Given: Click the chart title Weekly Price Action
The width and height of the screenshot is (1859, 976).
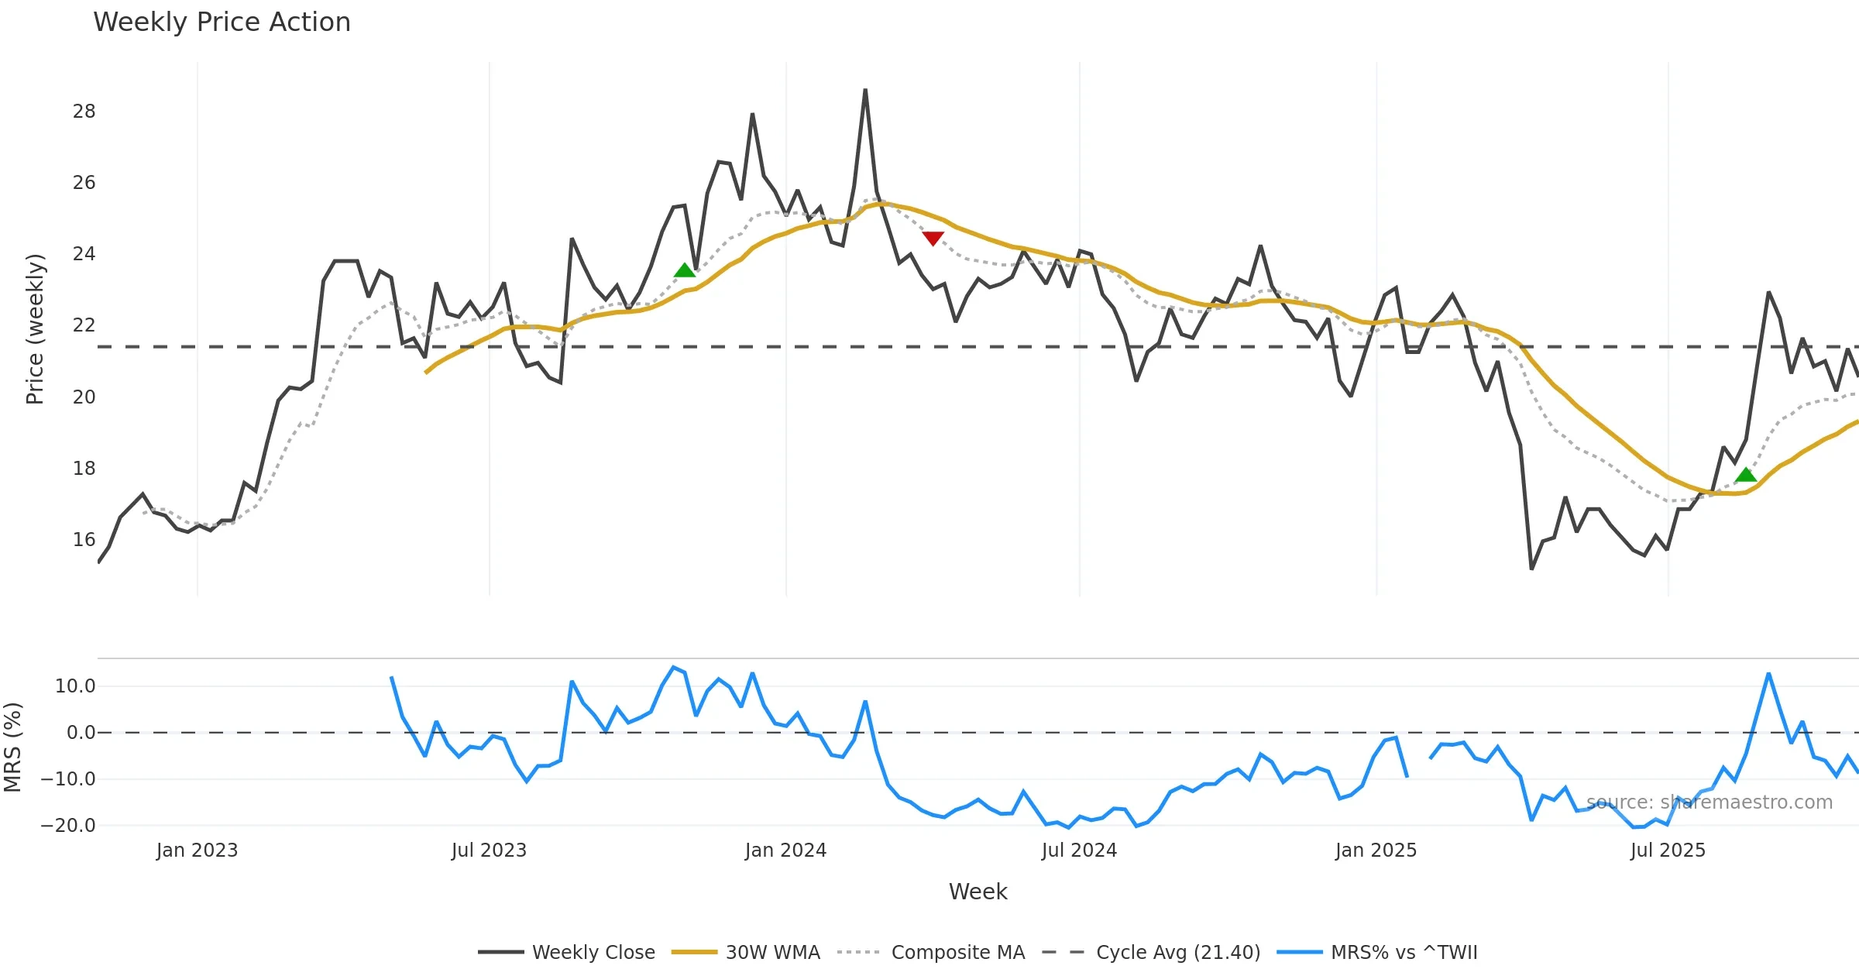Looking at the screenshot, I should [x=222, y=22].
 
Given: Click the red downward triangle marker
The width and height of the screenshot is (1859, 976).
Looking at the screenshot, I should [x=933, y=238].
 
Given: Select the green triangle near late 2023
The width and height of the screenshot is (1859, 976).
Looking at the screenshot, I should [x=685, y=270].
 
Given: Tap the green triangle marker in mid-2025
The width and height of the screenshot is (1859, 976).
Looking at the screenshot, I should [x=1746, y=475].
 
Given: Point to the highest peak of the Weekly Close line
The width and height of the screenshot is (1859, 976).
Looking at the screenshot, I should [x=865, y=91].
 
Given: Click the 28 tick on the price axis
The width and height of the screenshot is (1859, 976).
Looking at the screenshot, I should [x=84, y=112].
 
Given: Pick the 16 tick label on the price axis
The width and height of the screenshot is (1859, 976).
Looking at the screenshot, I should [x=84, y=540].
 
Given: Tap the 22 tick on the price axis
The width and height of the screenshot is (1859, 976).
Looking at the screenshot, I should [x=84, y=325].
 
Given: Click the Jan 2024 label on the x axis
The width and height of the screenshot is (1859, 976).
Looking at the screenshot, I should [x=785, y=851].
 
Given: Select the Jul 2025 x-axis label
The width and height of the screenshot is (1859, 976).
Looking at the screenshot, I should [x=1668, y=851].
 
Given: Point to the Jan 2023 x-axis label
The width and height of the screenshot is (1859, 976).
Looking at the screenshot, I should [x=197, y=851].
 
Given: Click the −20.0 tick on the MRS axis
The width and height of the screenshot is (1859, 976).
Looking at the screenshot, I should [x=68, y=826].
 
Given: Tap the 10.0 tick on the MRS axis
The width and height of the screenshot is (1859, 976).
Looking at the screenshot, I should [x=75, y=686].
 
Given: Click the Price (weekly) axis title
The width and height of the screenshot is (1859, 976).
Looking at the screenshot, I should [x=36, y=329].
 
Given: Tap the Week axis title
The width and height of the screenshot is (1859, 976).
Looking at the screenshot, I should [x=978, y=892].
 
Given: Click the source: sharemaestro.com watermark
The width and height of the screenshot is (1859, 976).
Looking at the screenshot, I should [x=1709, y=802].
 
